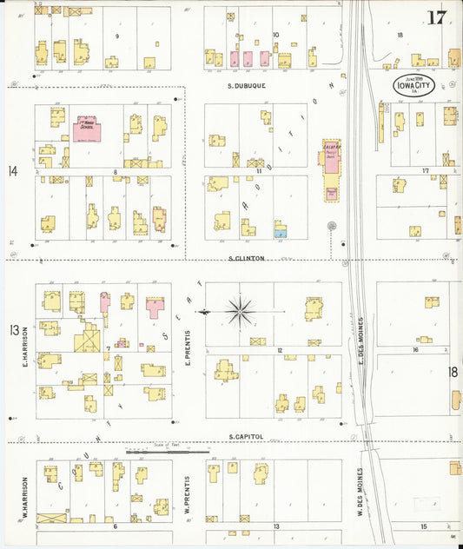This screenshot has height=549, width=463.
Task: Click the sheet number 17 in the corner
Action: point(438,17)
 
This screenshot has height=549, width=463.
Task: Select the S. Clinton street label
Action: point(246,258)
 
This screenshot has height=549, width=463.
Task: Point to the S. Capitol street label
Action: point(246,436)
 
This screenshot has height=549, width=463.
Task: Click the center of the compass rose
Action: point(240,309)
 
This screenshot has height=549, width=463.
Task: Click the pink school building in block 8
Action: point(88,130)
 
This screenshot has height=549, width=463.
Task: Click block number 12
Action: point(280,350)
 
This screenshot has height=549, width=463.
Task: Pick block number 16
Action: point(416,349)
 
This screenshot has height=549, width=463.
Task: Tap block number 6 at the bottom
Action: point(114,526)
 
